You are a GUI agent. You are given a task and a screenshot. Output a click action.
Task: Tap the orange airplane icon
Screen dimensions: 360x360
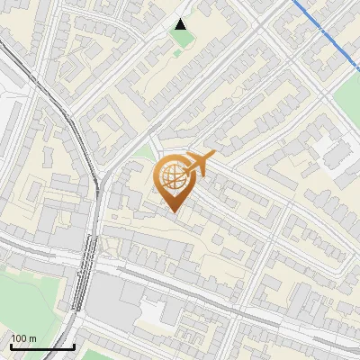[199, 164]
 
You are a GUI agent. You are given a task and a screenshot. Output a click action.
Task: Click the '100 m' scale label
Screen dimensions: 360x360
[23, 338]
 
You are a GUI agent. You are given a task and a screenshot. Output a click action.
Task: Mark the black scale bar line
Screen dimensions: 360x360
[42, 346]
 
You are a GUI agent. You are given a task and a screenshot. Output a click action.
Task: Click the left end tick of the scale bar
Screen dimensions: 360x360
[11, 345]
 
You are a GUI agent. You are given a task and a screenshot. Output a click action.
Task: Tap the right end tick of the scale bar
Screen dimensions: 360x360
[74, 345]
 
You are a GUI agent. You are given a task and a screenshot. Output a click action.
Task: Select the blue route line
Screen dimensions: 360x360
[324, 31]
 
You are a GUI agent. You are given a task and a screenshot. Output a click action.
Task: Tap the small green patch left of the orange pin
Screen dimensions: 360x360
[142, 153]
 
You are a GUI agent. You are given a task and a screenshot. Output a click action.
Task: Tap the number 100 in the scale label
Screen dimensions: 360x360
[18, 338]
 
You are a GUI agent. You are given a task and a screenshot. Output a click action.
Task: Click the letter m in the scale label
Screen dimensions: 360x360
[32, 338]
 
